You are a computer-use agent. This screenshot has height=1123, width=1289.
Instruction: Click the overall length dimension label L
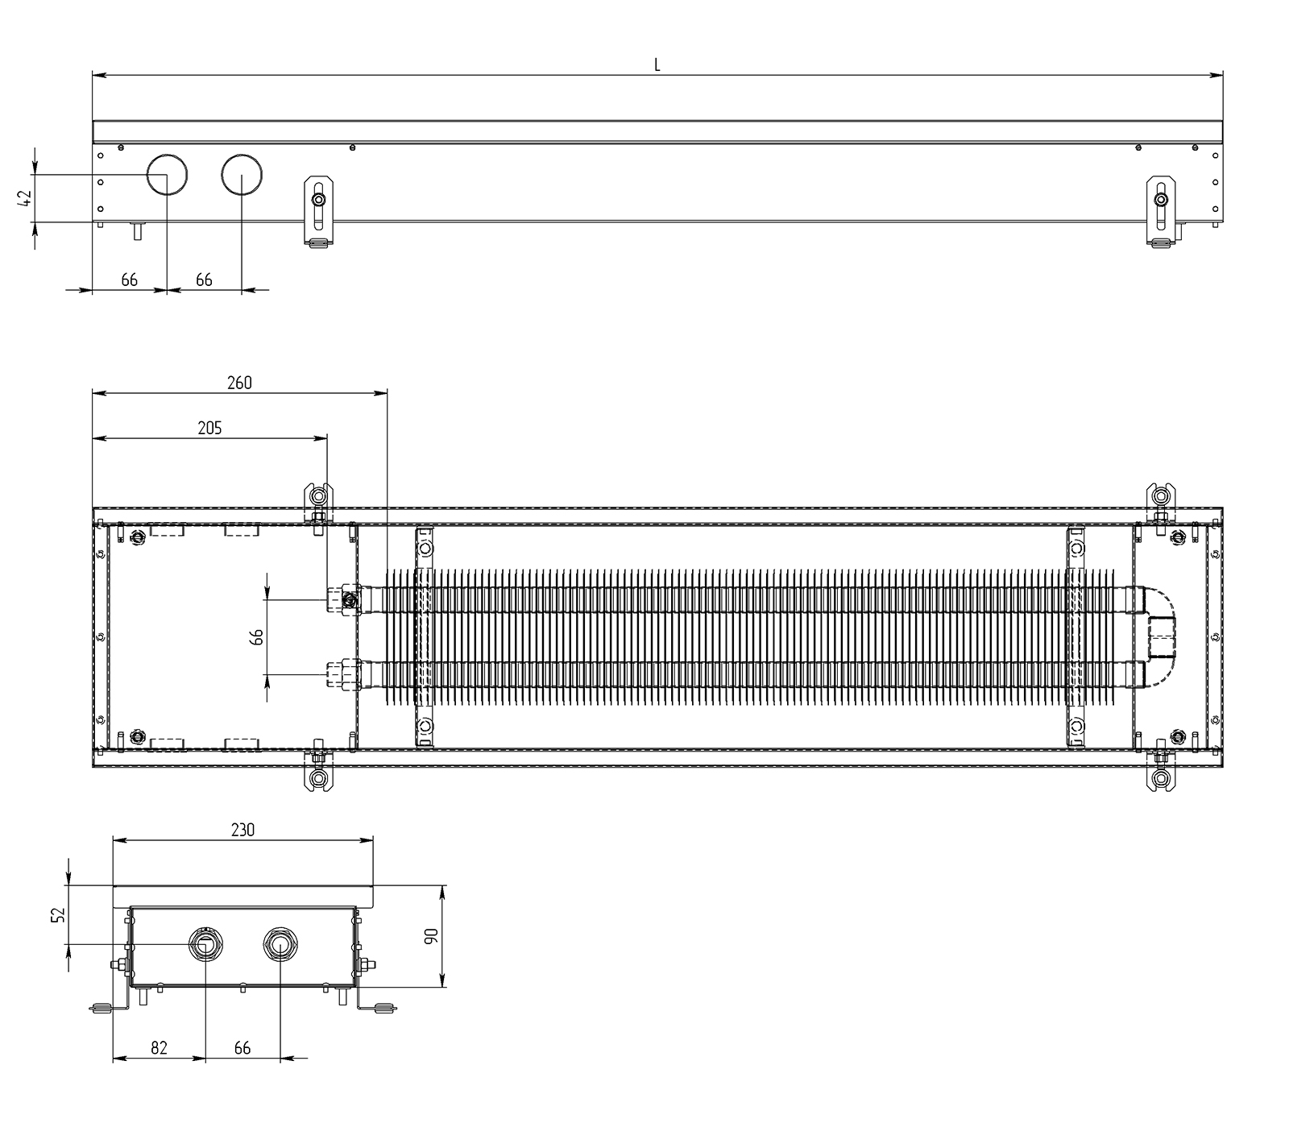coord(657,65)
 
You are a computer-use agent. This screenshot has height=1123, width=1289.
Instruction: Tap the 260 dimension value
coord(239,383)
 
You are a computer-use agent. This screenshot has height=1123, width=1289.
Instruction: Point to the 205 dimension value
coord(209,428)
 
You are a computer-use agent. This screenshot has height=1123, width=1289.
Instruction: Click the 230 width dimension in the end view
coord(242,830)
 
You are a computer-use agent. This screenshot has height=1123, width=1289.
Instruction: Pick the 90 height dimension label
coord(430,936)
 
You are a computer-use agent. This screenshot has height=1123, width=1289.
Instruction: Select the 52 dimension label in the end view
coord(57,914)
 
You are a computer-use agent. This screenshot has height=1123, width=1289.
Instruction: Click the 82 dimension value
coord(159,1048)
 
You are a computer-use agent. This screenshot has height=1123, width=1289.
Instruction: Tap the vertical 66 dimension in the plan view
coord(257,636)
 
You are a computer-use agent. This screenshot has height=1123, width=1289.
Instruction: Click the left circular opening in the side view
coord(167,174)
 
